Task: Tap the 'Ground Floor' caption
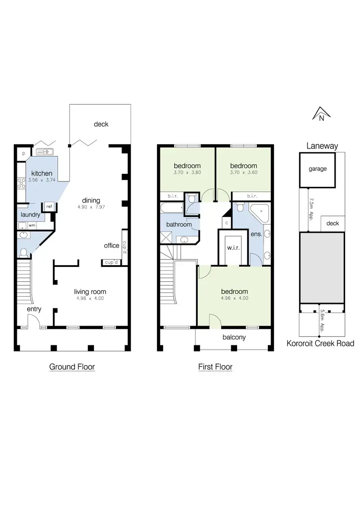coord(72,367)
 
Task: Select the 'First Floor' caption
coord(216,367)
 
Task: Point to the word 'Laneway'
coord(322,146)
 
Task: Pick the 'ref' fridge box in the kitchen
coord(49,206)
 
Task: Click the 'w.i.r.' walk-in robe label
coord(234,248)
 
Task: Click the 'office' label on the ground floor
coord(111,245)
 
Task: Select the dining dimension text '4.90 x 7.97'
coord(91,208)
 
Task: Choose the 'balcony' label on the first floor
coord(234,337)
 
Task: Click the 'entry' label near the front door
coord(34,309)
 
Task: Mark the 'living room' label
coord(90,291)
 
